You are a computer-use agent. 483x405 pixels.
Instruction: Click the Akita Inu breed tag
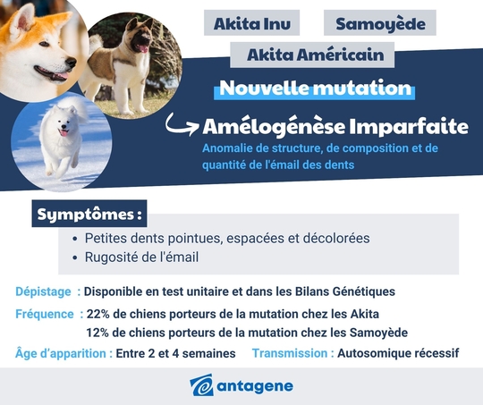pyautogui.click(x=251, y=23)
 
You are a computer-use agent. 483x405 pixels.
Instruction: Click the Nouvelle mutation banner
pyautogui.click(x=315, y=89)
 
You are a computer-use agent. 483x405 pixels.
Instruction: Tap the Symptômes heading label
pyautogui.click(x=89, y=215)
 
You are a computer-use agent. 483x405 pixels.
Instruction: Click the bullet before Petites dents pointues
pyautogui.click(x=74, y=240)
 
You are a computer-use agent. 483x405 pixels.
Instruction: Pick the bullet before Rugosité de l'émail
pyautogui.click(x=74, y=258)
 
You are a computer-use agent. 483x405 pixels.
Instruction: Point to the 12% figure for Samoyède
pyautogui.click(x=97, y=333)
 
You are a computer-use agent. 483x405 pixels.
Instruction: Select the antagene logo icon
pyautogui.click(x=201, y=386)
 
